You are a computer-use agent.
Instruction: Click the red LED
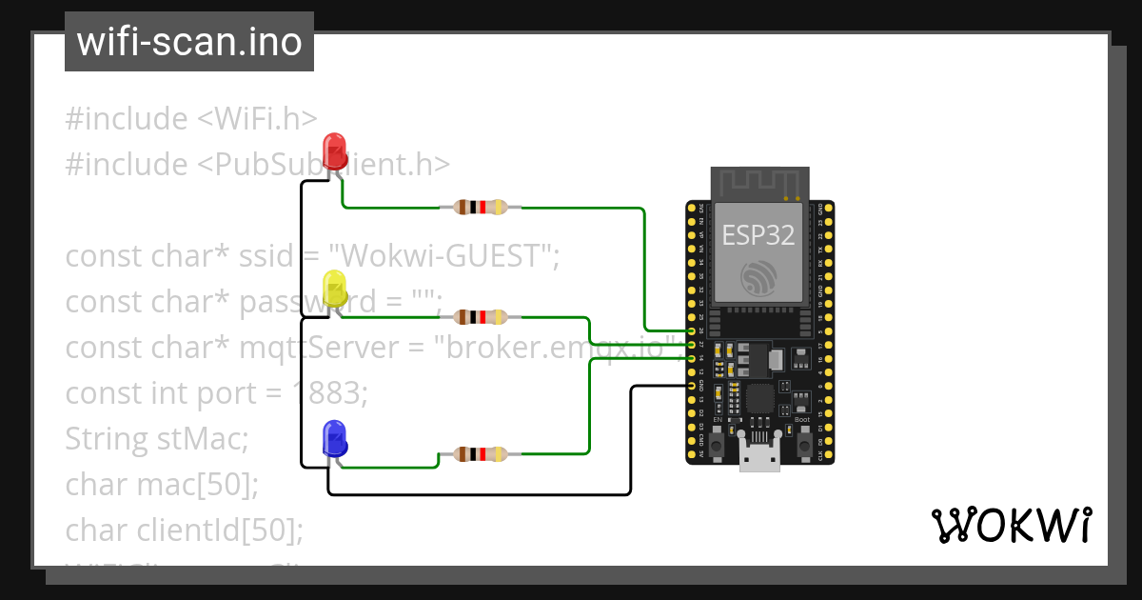[x=334, y=151]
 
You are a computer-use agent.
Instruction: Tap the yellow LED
[x=334, y=289]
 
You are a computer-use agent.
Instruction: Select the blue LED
[x=334, y=437]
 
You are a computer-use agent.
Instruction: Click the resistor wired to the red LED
[x=481, y=207]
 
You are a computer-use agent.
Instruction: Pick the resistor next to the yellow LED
[x=481, y=317]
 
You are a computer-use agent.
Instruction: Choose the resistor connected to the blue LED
[x=481, y=454]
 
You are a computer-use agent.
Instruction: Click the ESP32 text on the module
[x=758, y=235]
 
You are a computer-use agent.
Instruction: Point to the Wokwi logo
[x=1010, y=525]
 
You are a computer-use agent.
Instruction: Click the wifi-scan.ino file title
[x=188, y=42]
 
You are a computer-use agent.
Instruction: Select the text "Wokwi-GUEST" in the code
[x=442, y=256]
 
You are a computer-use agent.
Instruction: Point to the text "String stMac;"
[x=156, y=439]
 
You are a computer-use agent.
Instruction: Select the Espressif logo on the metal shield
[x=759, y=275]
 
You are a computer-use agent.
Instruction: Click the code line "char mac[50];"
[x=162, y=485]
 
